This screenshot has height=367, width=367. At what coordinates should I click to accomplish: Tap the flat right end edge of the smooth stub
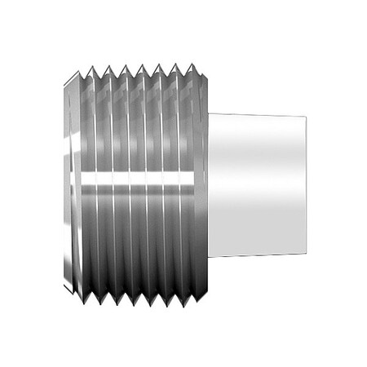point(307,184)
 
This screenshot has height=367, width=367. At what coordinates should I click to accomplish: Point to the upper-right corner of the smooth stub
point(306,116)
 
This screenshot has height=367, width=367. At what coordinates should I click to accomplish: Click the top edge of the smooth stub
point(257,114)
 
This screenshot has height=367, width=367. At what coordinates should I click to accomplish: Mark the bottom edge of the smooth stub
point(257,255)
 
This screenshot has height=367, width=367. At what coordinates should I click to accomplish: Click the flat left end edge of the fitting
point(65,183)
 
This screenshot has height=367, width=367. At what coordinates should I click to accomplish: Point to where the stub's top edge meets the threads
point(209,113)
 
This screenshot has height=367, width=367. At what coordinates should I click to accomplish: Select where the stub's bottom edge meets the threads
point(209,257)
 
